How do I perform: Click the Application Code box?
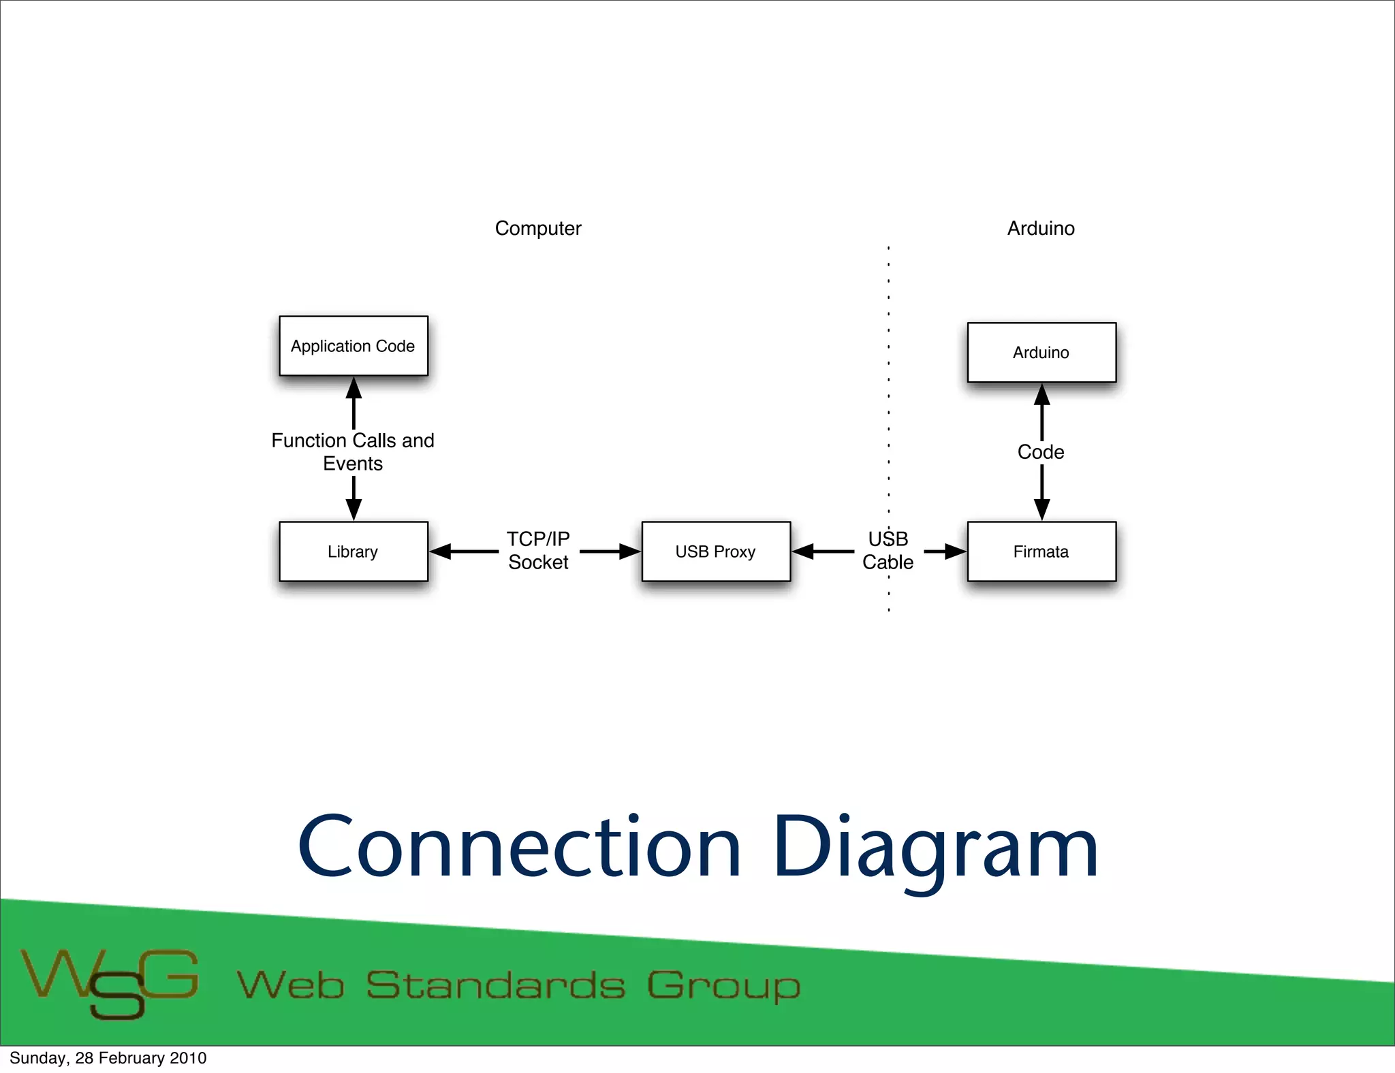click(x=354, y=346)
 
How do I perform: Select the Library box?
click(x=354, y=551)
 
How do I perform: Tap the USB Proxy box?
click(x=716, y=551)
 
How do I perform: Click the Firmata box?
click(x=1041, y=551)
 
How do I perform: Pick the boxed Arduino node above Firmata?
click(x=1041, y=353)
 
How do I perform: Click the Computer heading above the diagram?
click(x=538, y=228)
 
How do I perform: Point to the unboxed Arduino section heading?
click(x=1041, y=228)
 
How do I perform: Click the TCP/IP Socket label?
click(x=538, y=550)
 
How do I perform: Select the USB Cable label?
click(x=888, y=550)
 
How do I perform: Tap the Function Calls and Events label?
click(x=353, y=452)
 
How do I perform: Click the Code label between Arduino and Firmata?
click(x=1041, y=452)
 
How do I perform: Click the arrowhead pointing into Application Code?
click(x=354, y=388)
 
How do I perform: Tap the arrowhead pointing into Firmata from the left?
click(x=955, y=551)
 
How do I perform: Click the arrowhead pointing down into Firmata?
click(x=1041, y=509)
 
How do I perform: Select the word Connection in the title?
click(x=519, y=848)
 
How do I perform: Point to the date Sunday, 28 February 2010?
click(x=108, y=1058)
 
